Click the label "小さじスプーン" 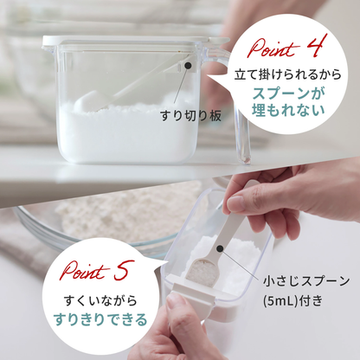point(308,280)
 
